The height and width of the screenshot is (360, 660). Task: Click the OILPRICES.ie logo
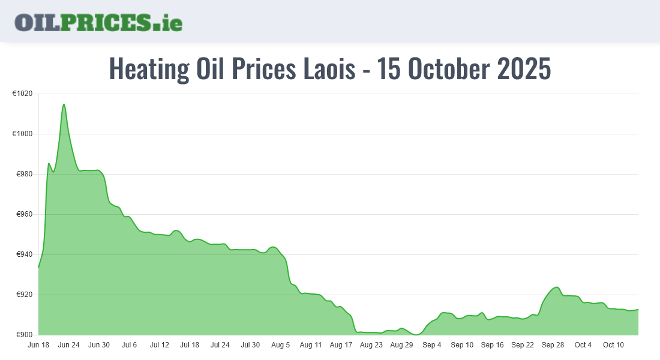point(98,22)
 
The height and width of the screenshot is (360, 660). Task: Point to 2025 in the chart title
point(524,69)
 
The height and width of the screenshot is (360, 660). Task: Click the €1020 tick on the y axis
point(22,94)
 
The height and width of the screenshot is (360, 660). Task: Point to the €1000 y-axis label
point(22,134)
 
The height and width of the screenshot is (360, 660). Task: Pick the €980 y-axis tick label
point(24,174)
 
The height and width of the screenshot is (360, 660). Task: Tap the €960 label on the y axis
point(24,214)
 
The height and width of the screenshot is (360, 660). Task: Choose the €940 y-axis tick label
point(24,254)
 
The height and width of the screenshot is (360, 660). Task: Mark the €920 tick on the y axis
point(24,295)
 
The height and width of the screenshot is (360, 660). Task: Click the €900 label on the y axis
point(24,335)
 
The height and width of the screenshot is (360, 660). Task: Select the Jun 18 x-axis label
point(38,345)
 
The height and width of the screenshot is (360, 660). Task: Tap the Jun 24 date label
point(68,345)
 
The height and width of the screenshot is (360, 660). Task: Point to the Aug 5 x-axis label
point(280,345)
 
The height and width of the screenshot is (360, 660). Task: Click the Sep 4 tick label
point(431,345)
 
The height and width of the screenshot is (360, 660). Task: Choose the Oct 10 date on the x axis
point(613,345)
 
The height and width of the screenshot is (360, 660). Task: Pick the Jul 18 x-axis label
point(190,345)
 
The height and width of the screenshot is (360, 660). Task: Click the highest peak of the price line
point(64,104)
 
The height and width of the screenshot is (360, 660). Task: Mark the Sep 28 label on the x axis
point(553,345)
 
